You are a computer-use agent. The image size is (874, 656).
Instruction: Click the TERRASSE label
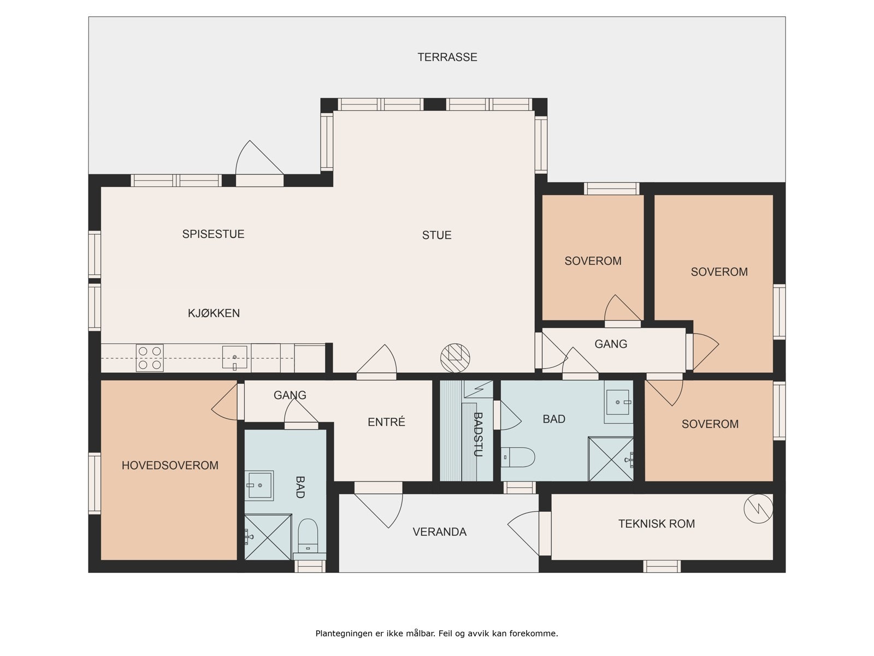(447, 57)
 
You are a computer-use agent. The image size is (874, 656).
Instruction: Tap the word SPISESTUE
(213, 234)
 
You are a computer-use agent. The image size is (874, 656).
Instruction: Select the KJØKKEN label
(214, 313)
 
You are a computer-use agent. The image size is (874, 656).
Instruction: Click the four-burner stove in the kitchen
(150, 358)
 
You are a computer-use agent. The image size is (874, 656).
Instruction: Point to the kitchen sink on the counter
(234, 358)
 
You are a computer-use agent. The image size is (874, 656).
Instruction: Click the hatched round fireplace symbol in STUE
(455, 358)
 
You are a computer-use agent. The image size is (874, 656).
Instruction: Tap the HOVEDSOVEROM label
(170, 465)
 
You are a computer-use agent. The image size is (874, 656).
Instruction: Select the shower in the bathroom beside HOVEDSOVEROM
(268, 537)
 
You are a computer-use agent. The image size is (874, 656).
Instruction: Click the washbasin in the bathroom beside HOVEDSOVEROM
(259, 485)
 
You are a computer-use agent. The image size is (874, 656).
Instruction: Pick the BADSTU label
(478, 435)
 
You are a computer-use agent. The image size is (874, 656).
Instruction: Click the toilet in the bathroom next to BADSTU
(517, 457)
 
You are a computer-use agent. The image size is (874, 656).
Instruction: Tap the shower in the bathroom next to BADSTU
(611, 459)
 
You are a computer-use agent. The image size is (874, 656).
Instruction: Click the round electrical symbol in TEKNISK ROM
(758, 508)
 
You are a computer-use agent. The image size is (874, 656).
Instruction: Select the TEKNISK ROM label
(656, 524)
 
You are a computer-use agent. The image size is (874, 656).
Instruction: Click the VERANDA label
(440, 532)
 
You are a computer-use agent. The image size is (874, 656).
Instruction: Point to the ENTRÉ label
(386, 422)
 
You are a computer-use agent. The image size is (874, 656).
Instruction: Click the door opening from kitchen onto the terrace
(259, 163)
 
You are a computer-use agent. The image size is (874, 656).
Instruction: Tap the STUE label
(437, 235)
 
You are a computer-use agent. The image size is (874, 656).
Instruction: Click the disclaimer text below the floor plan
(437, 633)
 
